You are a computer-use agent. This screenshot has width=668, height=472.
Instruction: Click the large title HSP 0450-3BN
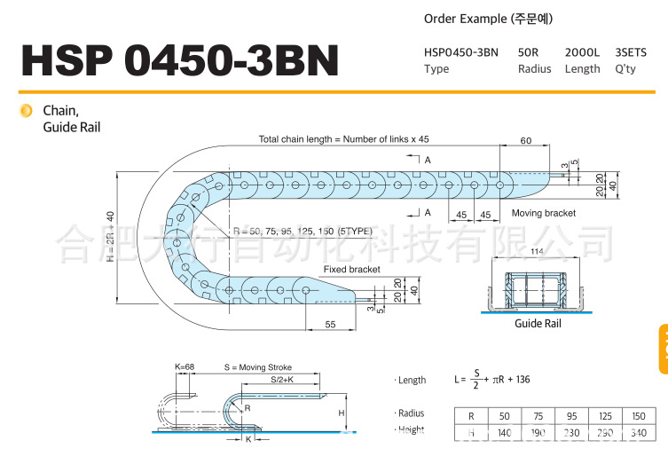pos(180,59)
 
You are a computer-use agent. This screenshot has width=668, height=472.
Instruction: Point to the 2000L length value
pos(583,52)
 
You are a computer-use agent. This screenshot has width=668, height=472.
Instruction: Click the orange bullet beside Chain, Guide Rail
pos(26,111)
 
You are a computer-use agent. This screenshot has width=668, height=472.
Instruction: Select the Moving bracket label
pos(544,213)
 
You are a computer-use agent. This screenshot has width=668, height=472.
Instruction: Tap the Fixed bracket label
pos(351,269)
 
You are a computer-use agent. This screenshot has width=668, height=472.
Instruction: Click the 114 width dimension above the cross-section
pos(537,253)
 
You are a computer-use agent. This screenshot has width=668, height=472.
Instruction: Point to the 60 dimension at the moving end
pos(526,140)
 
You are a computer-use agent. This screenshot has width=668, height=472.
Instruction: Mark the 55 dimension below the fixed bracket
pos(330,326)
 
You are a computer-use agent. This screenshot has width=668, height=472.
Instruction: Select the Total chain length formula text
pos(343,139)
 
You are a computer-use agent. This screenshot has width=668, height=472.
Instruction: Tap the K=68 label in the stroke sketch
pos(185,367)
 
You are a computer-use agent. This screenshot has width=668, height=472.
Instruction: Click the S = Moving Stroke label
pos(258,367)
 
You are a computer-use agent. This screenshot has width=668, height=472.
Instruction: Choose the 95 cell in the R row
pos(570,416)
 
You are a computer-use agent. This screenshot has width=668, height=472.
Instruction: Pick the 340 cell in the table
pos(638,433)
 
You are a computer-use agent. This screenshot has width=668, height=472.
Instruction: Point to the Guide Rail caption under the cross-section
pos(538,324)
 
